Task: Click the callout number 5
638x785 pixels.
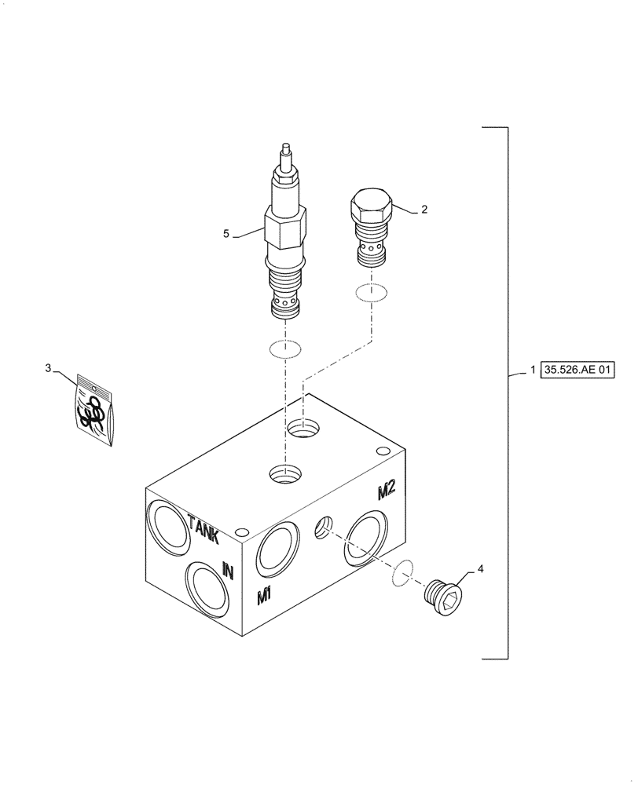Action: click(226, 233)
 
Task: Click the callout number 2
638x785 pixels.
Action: click(424, 210)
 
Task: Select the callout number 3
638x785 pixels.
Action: click(48, 367)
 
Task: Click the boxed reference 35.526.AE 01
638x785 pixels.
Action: click(575, 369)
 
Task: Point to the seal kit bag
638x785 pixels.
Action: click(93, 410)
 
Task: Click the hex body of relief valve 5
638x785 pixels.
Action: click(284, 227)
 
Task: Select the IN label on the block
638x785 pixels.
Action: click(228, 571)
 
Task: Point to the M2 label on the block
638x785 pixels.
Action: click(386, 491)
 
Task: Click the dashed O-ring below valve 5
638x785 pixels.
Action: click(284, 349)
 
